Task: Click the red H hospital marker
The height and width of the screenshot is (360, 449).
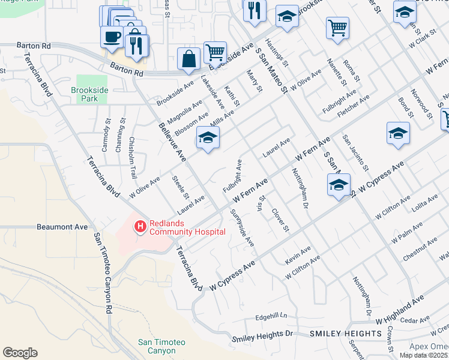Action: coord(140,226)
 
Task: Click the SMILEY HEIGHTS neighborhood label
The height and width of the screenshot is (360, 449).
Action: coord(338,333)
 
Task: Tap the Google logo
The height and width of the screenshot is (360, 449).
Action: coord(20,353)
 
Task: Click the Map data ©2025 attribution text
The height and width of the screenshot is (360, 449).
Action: coord(423,355)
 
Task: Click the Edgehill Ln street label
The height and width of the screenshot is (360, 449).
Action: coord(271,316)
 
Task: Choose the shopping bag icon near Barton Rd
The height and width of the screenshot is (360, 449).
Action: coord(188,59)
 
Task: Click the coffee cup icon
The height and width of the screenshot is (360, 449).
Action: coord(112,37)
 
